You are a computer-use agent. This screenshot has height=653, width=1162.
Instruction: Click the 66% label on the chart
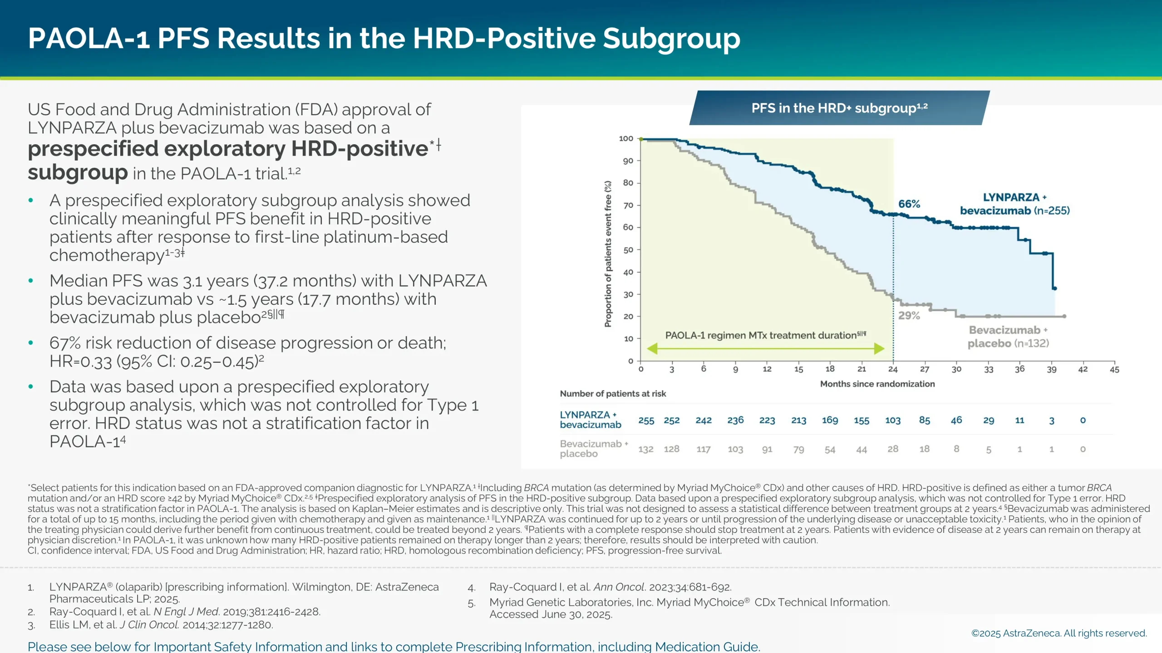[909, 204]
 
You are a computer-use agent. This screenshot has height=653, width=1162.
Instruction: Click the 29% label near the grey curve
[909, 316]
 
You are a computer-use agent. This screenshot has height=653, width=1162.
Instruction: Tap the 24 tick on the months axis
[893, 369]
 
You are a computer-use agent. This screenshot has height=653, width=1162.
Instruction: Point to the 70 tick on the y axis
[628, 205]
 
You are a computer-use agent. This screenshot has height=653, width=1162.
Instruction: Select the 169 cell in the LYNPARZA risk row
[830, 420]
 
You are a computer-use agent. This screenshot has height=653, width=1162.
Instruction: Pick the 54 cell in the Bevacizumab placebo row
[830, 449]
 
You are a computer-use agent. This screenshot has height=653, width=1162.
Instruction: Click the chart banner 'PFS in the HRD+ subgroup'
[839, 108]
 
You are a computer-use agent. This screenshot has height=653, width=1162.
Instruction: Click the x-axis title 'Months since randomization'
[877, 384]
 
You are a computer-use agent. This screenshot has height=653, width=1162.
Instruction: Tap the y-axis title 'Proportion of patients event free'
[608, 254]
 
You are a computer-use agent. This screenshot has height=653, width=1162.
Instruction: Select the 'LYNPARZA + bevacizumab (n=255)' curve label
[1014, 204]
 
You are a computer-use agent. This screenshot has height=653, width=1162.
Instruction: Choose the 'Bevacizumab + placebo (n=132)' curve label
[1008, 336]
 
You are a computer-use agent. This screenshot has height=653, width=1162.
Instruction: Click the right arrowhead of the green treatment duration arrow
[879, 349]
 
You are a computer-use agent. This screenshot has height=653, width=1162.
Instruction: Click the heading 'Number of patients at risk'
[613, 394]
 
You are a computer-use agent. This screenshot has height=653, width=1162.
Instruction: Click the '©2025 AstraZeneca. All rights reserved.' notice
[1059, 633]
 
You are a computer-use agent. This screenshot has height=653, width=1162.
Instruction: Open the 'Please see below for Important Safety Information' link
[393, 646]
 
